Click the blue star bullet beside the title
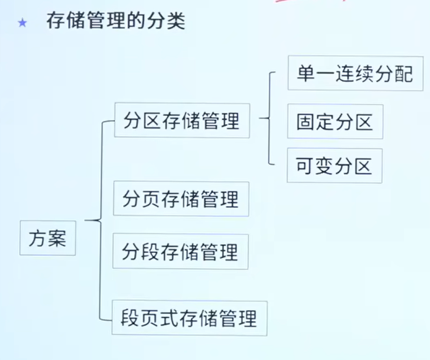[23, 23]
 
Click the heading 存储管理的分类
[116, 21]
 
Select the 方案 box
[48, 238]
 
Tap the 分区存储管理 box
[182, 120]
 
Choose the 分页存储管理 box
[181, 199]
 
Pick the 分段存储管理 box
[180, 251]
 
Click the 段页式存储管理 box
[190, 318]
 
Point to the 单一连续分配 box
[355, 73]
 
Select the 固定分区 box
[335, 121]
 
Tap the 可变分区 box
[335, 166]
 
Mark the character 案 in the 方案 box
[57, 238]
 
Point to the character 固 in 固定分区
[305, 122]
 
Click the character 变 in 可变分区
[324, 166]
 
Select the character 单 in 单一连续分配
[305, 74]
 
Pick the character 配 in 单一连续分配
[404, 74]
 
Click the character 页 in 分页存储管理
[151, 199]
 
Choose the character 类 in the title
[176, 21]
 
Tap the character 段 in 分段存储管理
[150, 252]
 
